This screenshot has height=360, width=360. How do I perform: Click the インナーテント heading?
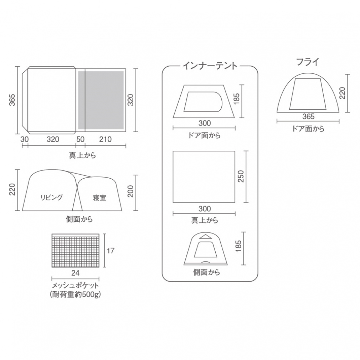point(210,66)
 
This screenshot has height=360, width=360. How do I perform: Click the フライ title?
point(308,62)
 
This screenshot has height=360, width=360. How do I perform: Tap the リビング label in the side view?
point(52,197)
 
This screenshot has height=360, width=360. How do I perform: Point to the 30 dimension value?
point(24,139)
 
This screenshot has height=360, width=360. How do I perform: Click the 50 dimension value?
point(81,139)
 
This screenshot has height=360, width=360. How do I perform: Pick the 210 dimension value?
point(105,139)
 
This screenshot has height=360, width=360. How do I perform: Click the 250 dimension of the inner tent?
point(241,176)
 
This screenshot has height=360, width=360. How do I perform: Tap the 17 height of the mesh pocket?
point(110,251)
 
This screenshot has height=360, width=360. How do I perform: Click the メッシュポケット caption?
point(75,286)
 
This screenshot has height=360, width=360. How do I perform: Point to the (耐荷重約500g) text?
point(75,295)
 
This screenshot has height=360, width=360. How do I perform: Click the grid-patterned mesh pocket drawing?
point(75,251)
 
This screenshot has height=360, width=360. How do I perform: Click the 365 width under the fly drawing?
point(308,117)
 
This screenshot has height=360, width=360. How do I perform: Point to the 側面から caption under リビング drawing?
point(79,219)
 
